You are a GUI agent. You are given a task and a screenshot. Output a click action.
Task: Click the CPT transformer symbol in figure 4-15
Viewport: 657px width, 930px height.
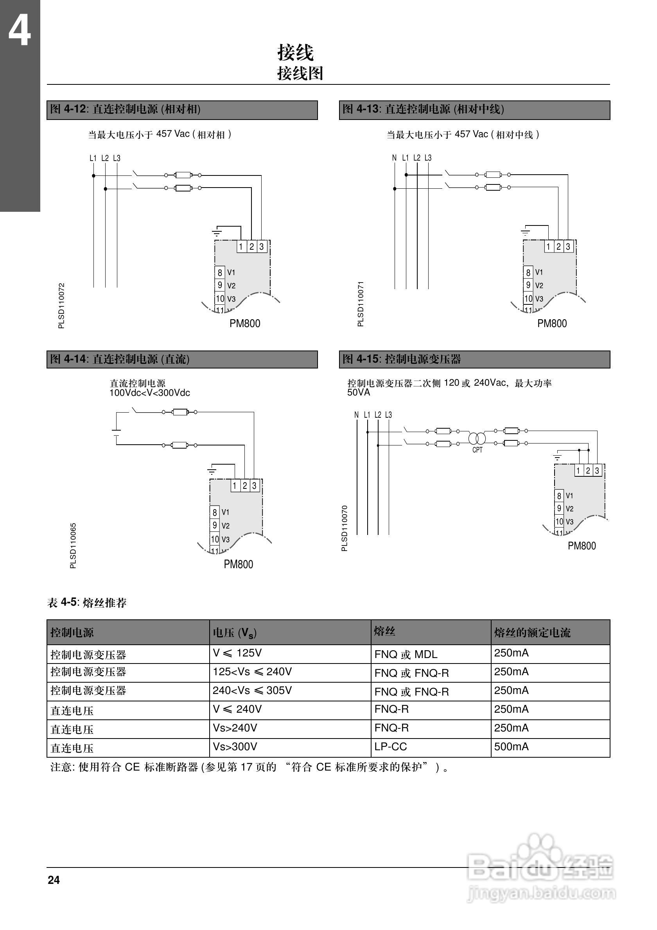click(x=477, y=438)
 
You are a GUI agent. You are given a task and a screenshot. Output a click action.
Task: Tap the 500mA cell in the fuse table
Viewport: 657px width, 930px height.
click(x=511, y=746)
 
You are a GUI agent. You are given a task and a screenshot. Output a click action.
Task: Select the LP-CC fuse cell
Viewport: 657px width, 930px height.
click(x=390, y=746)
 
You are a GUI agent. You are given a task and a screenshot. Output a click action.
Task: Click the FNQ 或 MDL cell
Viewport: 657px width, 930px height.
click(x=406, y=654)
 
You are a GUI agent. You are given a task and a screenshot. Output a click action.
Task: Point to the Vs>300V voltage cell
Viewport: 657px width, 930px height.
click(x=235, y=746)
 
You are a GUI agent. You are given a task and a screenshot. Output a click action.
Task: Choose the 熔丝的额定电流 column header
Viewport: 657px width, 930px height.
click(x=532, y=633)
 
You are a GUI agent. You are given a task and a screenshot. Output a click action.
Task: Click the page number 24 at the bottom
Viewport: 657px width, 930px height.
click(x=54, y=880)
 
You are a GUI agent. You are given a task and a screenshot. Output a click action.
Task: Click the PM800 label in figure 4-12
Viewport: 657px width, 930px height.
click(x=245, y=323)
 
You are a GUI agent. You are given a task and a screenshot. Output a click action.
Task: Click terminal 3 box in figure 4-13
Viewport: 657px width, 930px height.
click(x=568, y=246)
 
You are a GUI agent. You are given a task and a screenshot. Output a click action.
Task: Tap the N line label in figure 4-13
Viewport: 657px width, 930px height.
click(x=394, y=158)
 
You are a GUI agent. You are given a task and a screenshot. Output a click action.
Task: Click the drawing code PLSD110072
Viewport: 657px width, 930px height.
click(x=62, y=306)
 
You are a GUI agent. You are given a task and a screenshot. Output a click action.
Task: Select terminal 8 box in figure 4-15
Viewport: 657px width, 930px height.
click(x=559, y=495)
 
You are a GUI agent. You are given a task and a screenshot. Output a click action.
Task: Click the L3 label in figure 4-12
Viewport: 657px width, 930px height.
click(x=117, y=158)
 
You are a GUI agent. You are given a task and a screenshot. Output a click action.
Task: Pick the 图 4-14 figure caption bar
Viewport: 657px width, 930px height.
click(x=182, y=359)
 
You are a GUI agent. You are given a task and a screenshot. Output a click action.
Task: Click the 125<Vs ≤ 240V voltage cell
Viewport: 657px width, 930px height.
click(x=252, y=672)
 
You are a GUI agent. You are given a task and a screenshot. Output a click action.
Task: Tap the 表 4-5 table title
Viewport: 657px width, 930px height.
click(x=87, y=603)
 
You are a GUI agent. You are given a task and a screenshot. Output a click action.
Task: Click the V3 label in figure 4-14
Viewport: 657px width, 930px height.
click(x=225, y=540)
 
